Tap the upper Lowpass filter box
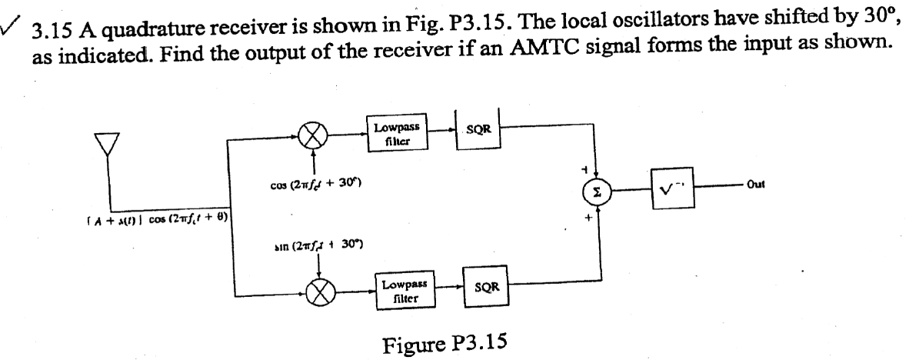pyautogui.click(x=398, y=132)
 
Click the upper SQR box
pyautogui.click(x=479, y=130)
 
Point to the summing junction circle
pyautogui.click(x=595, y=191)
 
